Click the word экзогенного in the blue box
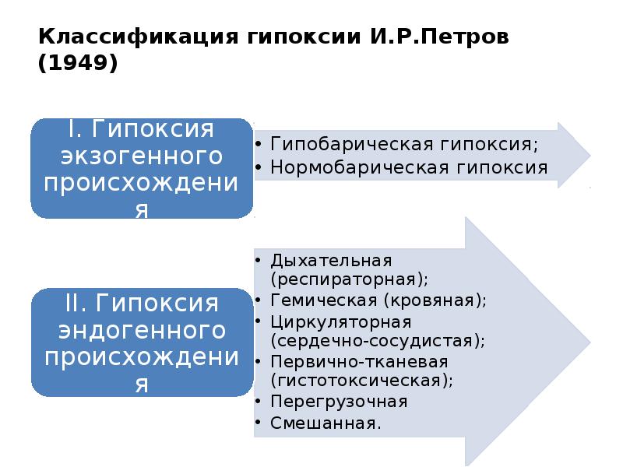point(142,156)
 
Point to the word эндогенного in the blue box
point(142,329)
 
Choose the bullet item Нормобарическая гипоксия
point(409,167)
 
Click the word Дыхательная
point(331,259)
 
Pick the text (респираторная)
point(350,278)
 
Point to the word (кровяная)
point(436,300)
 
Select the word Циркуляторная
point(340,321)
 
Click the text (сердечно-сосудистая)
point(378,340)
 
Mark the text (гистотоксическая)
point(362,381)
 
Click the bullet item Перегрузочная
point(339,402)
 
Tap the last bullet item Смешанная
point(326,423)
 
